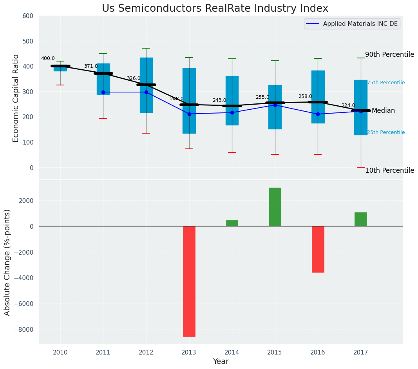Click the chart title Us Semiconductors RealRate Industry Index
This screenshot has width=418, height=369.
click(215, 9)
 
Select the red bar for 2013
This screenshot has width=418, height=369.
click(189, 281)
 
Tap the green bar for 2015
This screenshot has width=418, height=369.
click(275, 207)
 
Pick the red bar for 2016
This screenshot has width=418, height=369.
click(318, 249)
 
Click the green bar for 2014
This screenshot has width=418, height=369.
click(232, 223)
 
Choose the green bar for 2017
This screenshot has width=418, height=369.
click(360, 219)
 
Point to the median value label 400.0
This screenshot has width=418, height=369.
click(48, 59)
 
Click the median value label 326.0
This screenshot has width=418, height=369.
click(134, 79)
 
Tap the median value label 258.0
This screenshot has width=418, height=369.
click(305, 96)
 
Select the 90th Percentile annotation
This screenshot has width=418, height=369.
click(389, 54)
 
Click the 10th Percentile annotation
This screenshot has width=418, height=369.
click(389, 170)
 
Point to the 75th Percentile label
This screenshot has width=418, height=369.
click(386, 83)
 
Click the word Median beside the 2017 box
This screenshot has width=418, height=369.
click(383, 111)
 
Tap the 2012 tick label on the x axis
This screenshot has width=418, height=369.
click(146, 353)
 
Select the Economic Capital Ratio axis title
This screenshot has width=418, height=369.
click(16, 98)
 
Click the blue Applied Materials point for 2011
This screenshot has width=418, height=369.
click(103, 92)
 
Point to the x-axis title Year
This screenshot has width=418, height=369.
click(221, 362)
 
